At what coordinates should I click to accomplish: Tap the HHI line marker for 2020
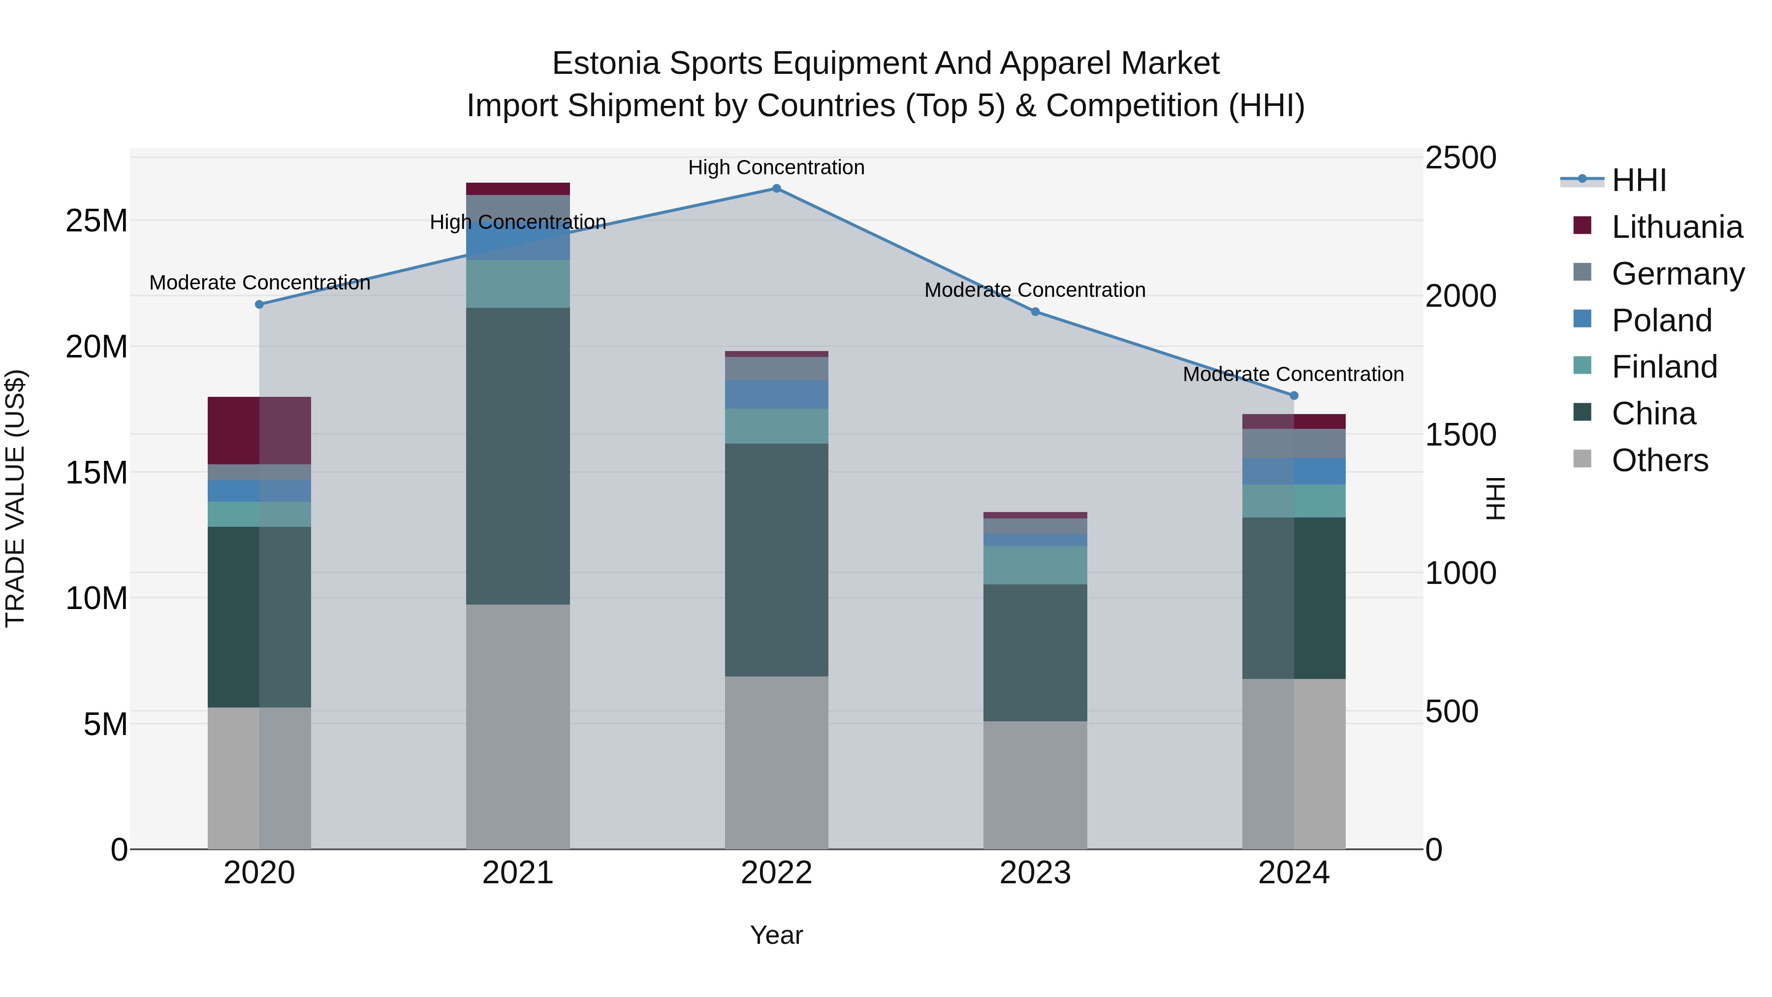[259, 304]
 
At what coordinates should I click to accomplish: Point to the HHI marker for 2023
[1035, 312]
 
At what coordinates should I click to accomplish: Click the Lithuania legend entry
[1677, 227]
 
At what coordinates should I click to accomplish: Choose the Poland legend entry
[1661, 321]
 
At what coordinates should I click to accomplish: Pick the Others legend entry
[1659, 460]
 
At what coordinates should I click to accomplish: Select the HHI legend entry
[1639, 180]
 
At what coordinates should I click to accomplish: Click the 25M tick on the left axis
[96, 222]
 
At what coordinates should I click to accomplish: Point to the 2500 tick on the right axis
[1460, 158]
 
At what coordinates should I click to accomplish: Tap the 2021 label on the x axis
[517, 873]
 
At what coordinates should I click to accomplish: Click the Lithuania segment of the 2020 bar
[259, 431]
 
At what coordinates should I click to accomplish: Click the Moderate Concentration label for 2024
[1293, 374]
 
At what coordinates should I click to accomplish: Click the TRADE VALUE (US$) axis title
[15, 498]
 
